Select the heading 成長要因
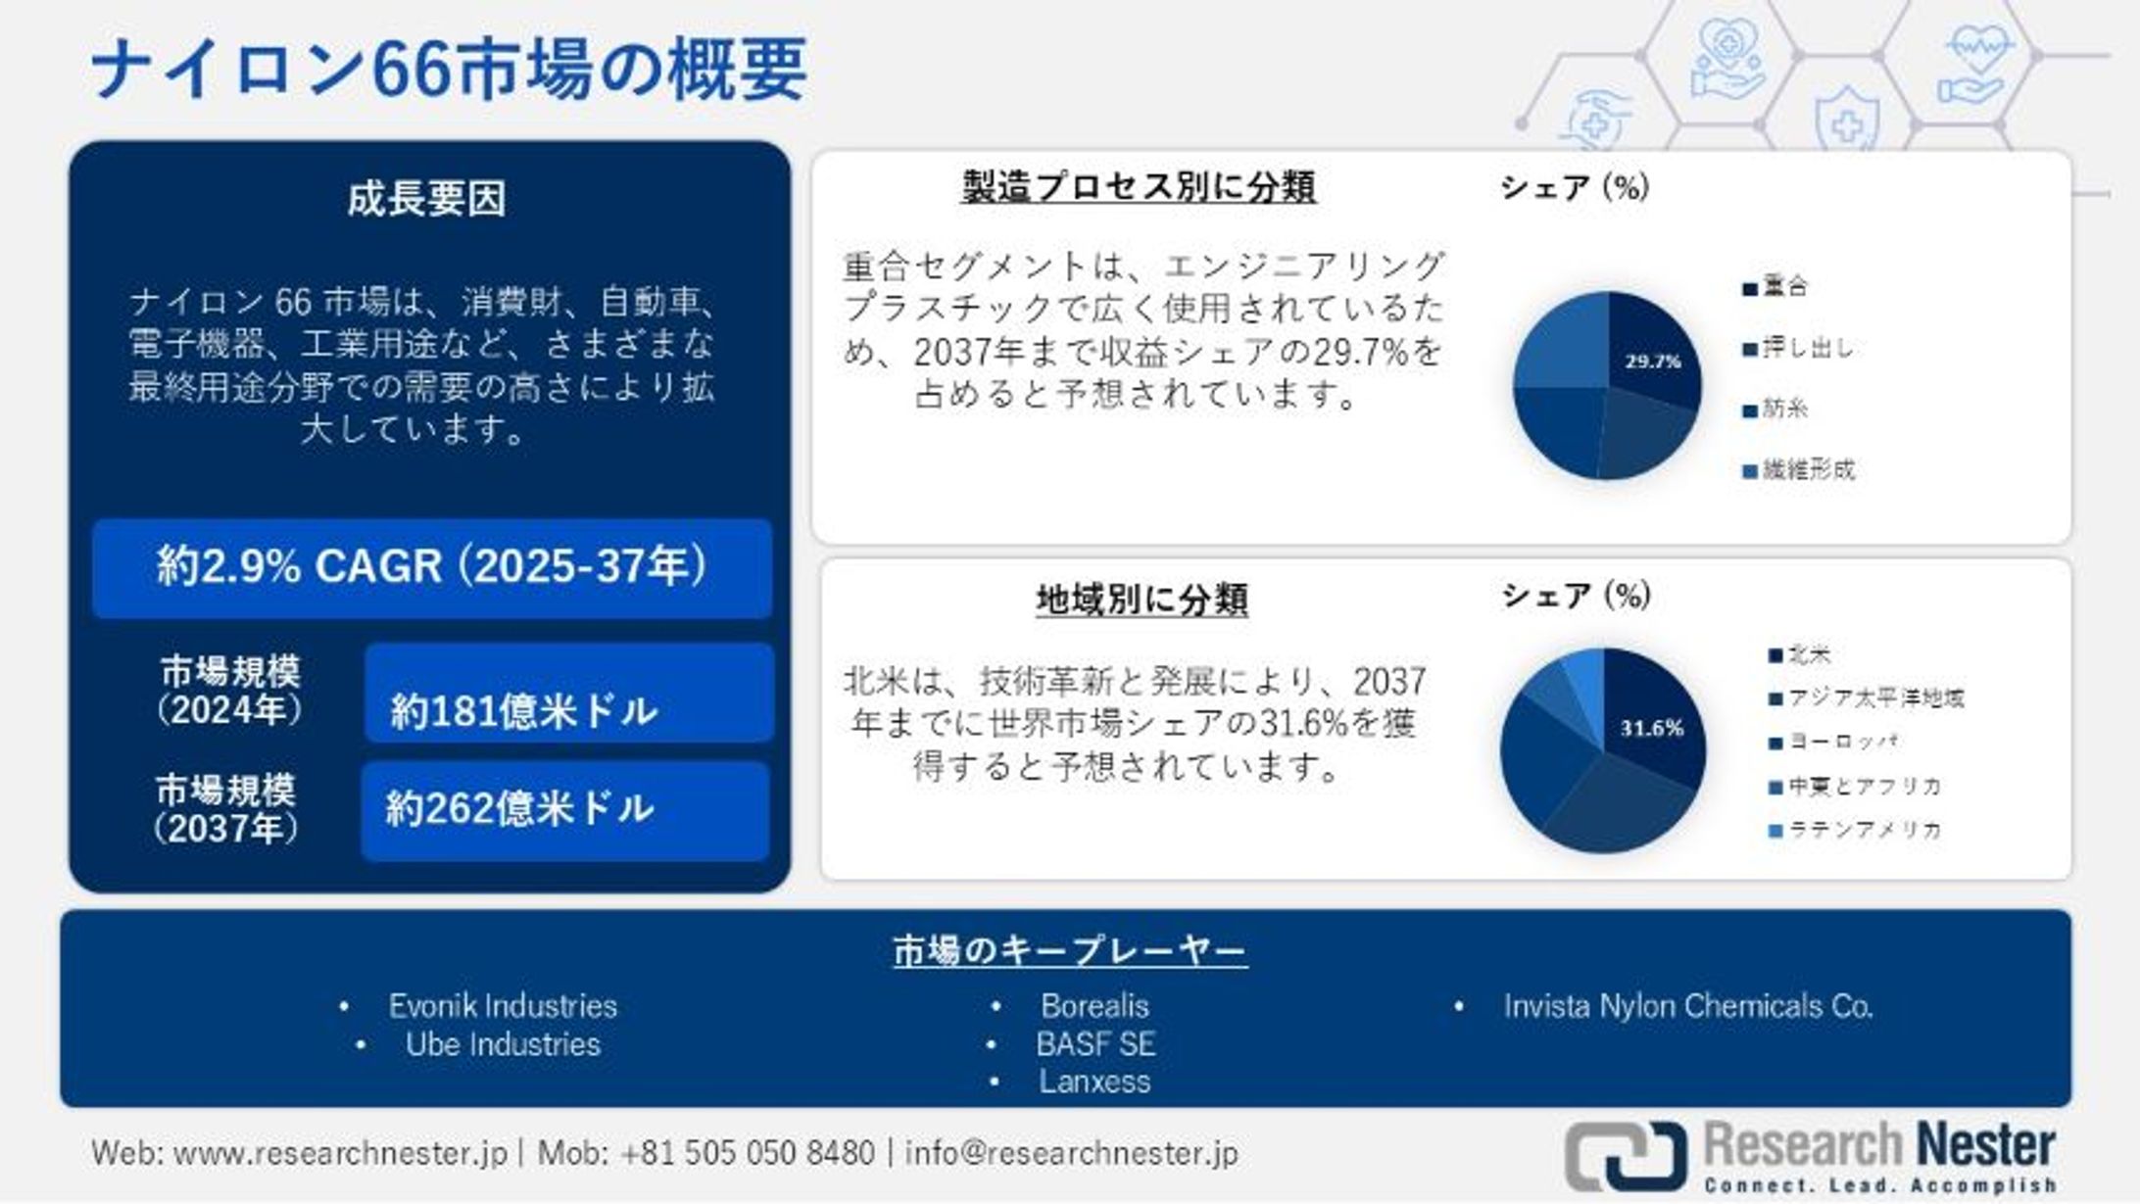pos(427,199)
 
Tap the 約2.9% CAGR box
pos(432,567)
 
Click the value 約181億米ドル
pos(524,710)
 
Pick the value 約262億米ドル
pos(519,809)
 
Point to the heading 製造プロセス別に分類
pos(1139,186)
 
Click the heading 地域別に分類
pos(1142,599)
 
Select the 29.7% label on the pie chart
pos(1653,361)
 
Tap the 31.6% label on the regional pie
pos(1651,728)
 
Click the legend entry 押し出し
pos(1808,349)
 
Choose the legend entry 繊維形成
pos(1808,470)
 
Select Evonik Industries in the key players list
pos(503,1006)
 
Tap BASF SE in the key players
pos(1095,1044)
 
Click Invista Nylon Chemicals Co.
pos(1687,1006)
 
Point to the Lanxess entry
pos(1094,1082)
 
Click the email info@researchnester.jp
pos(1071,1153)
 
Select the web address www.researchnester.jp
pos(340,1153)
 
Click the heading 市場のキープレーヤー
pos(1070,950)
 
